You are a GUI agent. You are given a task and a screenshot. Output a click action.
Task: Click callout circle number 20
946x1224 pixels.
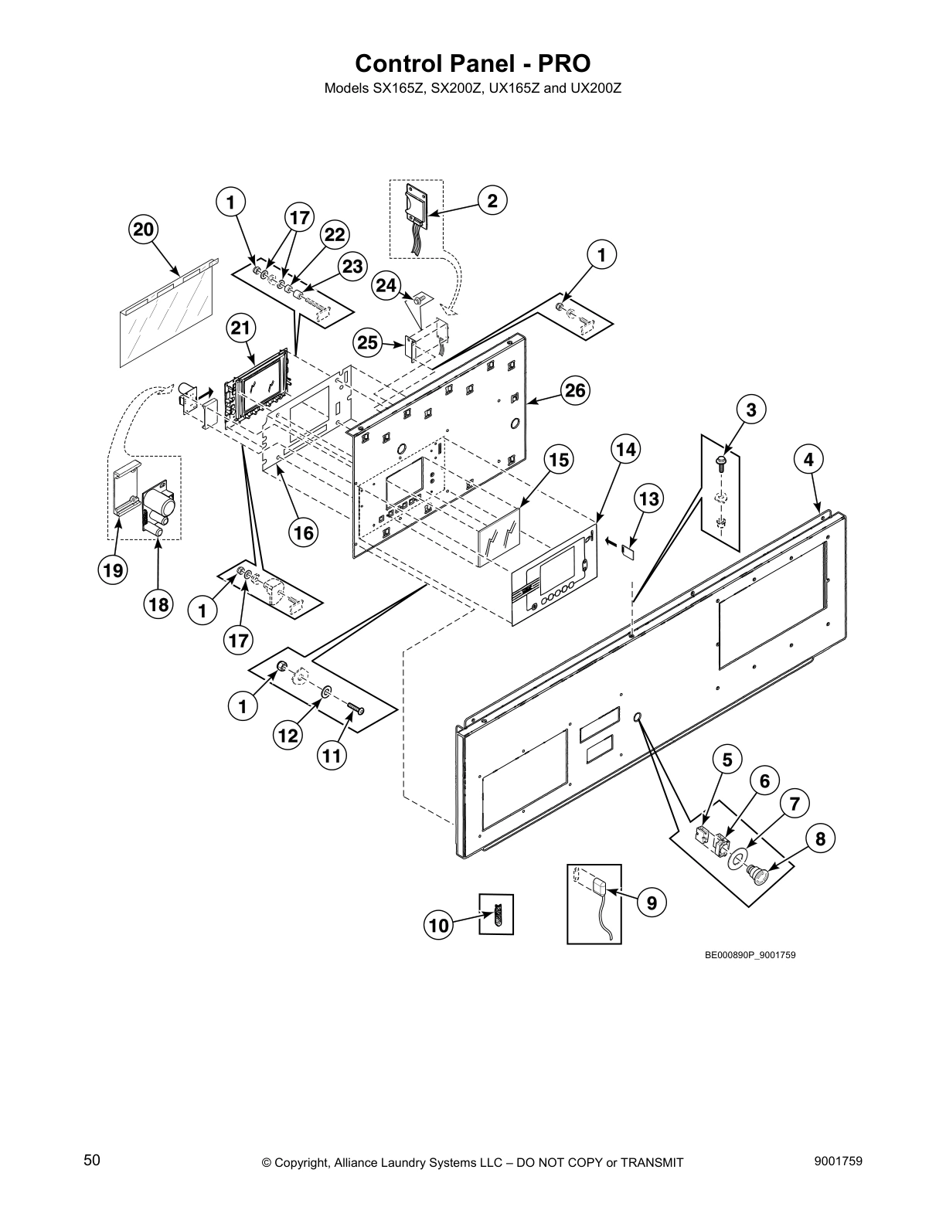(x=144, y=229)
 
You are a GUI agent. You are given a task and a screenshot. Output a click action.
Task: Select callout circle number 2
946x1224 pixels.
(x=492, y=200)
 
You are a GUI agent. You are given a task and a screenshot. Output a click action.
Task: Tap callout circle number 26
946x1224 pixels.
(x=575, y=390)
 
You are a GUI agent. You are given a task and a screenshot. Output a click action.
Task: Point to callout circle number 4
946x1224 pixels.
(x=808, y=460)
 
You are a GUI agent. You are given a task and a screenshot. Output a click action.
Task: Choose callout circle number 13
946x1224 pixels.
(x=649, y=499)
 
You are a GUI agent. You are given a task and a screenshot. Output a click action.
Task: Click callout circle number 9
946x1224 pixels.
(x=652, y=902)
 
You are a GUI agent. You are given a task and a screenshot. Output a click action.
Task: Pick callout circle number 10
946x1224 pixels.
(x=438, y=926)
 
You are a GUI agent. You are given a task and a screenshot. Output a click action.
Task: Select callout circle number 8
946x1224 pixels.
(x=820, y=838)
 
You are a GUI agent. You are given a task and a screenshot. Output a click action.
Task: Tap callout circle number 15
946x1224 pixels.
(x=559, y=460)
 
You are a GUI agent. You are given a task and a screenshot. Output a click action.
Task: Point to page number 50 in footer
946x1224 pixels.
(x=92, y=1160)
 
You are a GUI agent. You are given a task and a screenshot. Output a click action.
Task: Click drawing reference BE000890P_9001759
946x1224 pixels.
(x=750, y=955)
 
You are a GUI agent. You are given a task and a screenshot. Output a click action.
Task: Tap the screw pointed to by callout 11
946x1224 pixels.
(x=356, y=707)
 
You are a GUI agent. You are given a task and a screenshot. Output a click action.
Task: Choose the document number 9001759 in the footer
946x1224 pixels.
(x=838, y=1160)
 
